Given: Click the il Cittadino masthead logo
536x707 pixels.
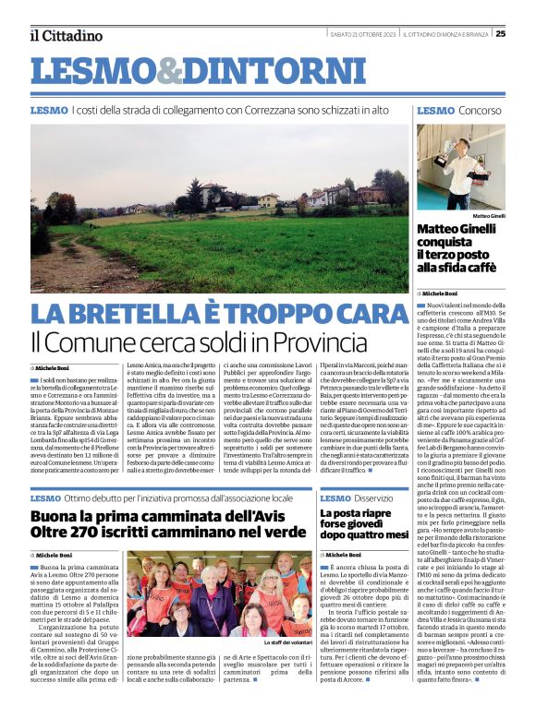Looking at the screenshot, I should pyautogui.click(x=65, y=35).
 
